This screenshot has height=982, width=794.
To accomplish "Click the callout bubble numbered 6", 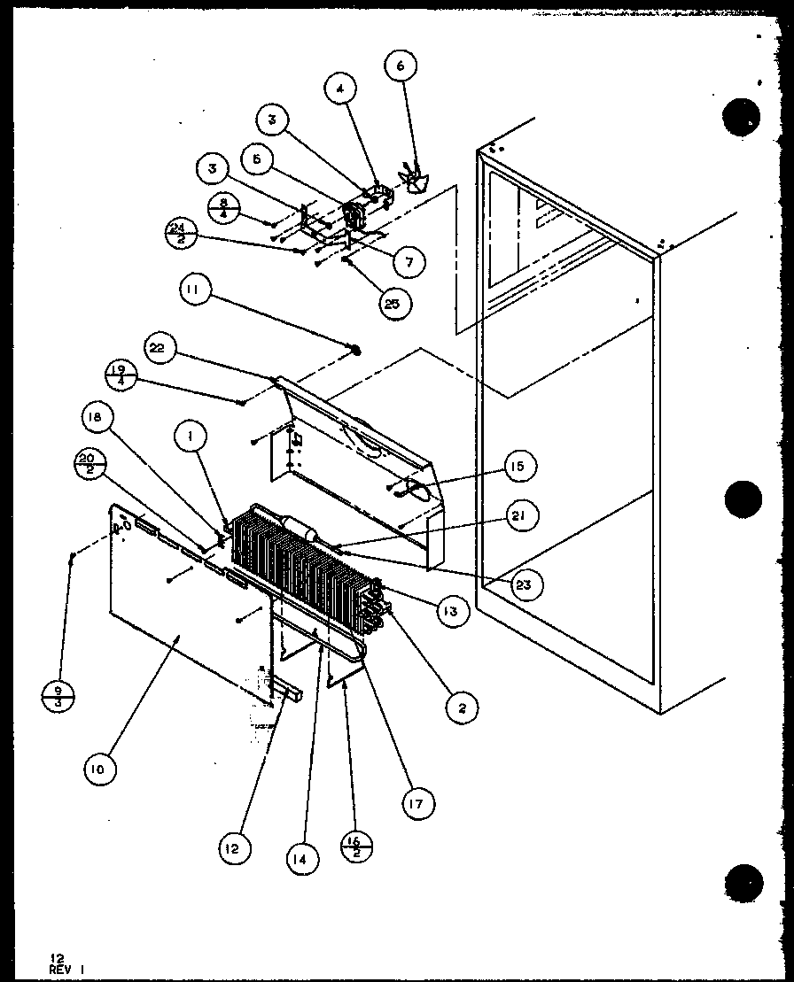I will tap(401, 66).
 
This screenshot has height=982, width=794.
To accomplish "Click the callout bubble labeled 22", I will tap(157, 348).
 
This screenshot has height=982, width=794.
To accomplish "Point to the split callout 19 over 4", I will tap(119, 372).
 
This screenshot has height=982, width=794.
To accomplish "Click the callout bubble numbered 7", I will tap(410, 261).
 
